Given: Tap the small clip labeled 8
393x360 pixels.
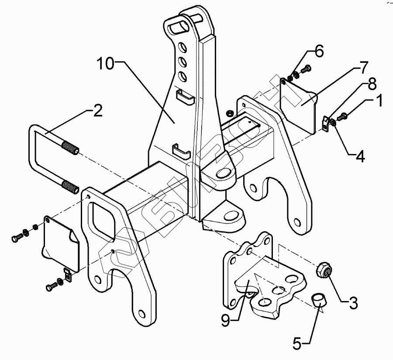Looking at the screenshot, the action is [x=324, y=122].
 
